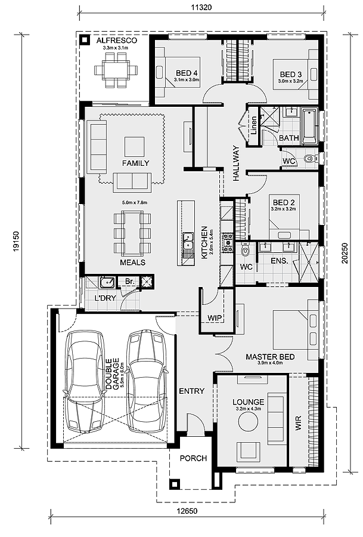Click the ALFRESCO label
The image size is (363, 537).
point(116,41)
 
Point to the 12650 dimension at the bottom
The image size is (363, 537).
point(187,511)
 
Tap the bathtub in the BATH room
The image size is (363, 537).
point(309,126)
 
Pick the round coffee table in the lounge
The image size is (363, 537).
point(249,422)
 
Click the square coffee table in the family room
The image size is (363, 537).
point(135,147)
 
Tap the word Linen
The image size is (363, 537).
point(253,125)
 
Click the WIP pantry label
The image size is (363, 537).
point(215,318)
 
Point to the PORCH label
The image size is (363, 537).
point(193,458)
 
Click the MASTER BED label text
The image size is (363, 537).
point(270,357)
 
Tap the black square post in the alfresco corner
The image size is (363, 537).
point(84,40)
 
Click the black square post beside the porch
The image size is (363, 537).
point(174,484)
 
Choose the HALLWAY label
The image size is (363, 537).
point(237,163)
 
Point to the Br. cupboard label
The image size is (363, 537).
point(129,281)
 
